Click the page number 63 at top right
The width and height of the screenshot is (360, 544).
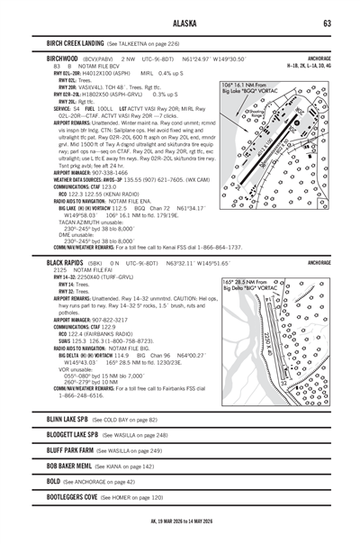(x=329, y=23)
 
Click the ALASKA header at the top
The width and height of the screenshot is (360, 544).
(x=180, y=23)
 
